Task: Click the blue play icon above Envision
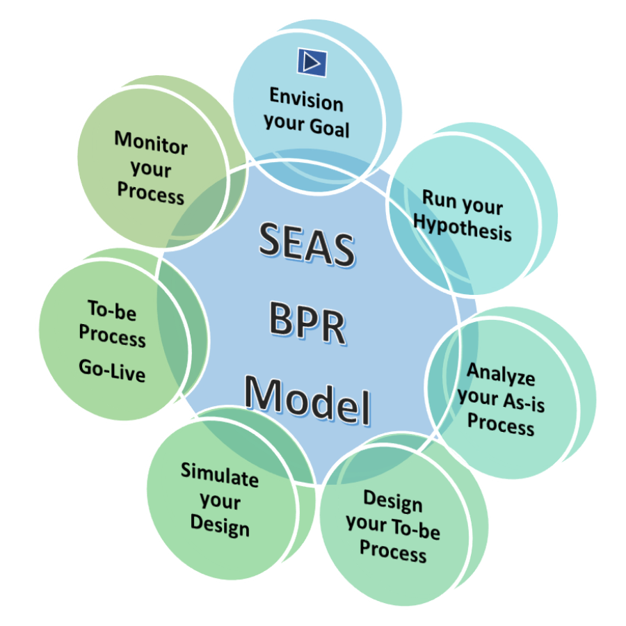pos(312,62)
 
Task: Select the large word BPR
pos(307,326)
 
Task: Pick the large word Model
pos(307,401)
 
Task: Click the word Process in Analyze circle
pos(501,424)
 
